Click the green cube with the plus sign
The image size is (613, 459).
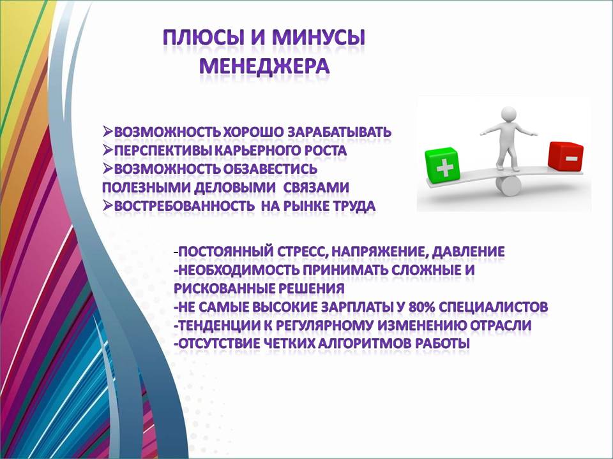[442, 165]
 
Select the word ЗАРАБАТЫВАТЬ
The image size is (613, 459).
[339, 132]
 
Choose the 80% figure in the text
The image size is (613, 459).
[422, 307]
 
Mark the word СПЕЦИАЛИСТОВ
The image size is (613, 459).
[494, 307]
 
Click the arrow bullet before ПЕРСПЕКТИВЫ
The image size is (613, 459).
[107, 150]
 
